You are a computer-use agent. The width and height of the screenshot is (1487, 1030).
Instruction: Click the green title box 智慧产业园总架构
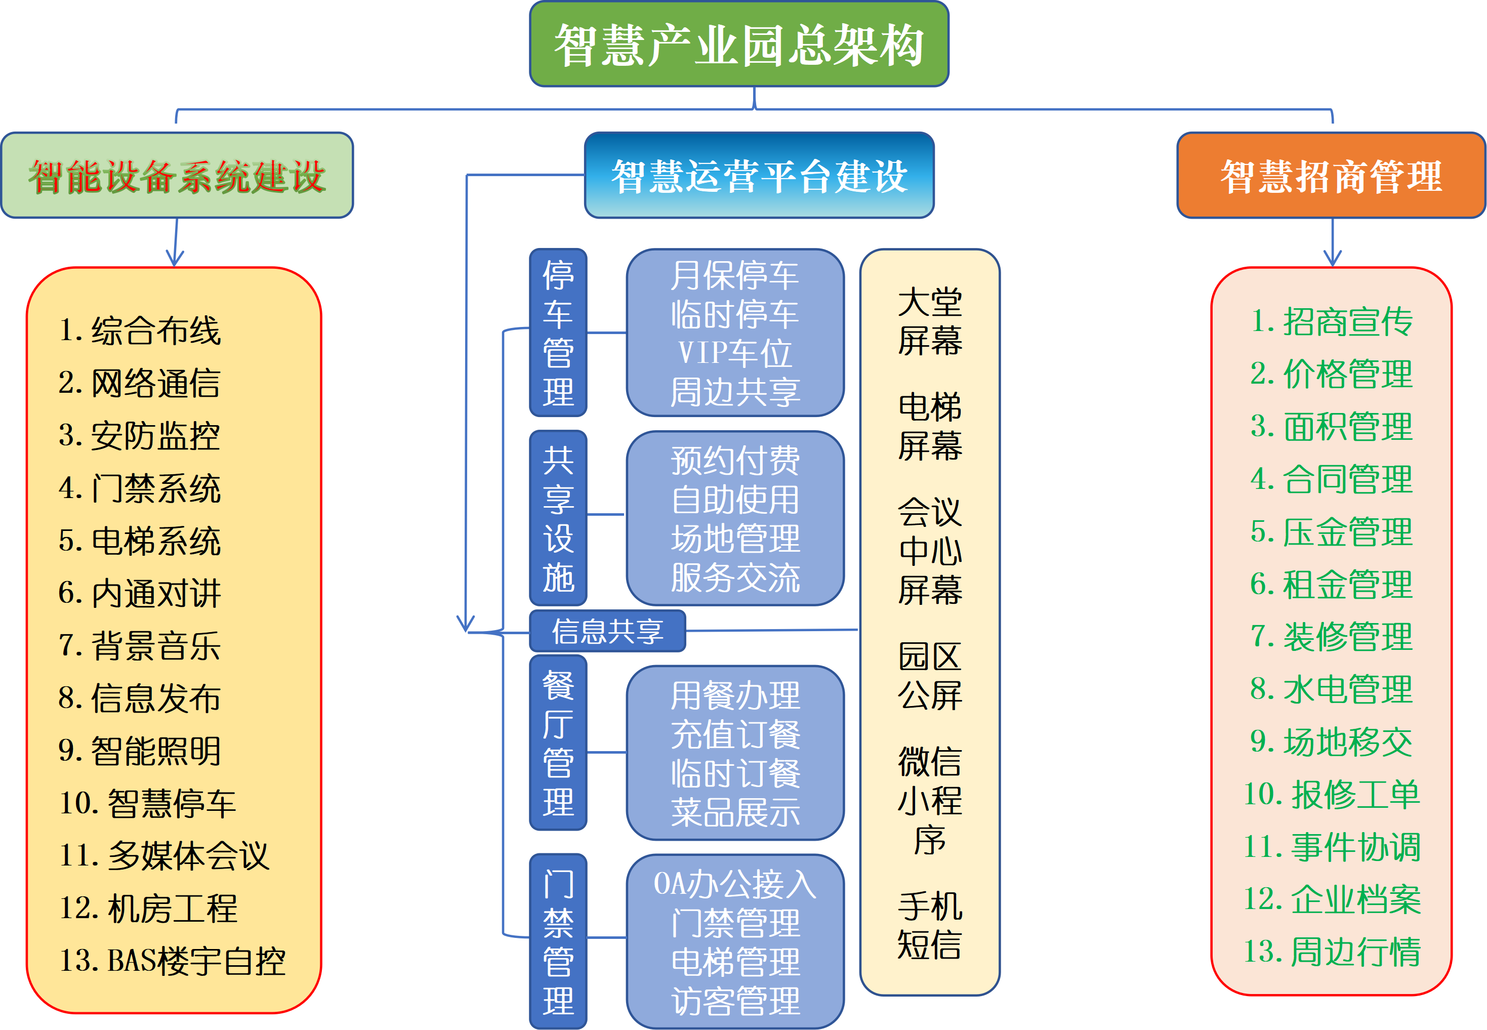click(739, 44)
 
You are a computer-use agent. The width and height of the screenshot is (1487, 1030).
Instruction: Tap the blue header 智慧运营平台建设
click(759, 176)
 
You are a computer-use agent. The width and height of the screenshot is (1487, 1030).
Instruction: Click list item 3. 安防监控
click(139, 436)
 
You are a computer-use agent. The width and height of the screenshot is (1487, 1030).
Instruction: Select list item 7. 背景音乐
click(139, 645)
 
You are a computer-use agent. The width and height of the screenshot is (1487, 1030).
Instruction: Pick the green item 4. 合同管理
click(1332, 479)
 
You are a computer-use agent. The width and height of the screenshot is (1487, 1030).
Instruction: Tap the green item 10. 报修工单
click(1332, 795)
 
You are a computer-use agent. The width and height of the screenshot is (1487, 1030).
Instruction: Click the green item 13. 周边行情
click(1332, 952)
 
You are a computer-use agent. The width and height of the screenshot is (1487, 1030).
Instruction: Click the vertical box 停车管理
click(558, 333)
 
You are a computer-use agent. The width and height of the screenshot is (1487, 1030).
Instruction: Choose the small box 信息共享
click(607, 631)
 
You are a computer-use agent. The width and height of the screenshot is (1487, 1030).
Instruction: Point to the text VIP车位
click(735, 353)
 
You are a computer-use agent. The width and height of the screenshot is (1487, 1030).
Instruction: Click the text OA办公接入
click(735, 884)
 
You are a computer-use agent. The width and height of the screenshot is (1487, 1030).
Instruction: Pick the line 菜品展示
click(735, 812)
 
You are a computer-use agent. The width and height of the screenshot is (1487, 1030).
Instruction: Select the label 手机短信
click(930, 926)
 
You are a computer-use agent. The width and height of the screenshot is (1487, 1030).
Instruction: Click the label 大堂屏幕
click(930, 321)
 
